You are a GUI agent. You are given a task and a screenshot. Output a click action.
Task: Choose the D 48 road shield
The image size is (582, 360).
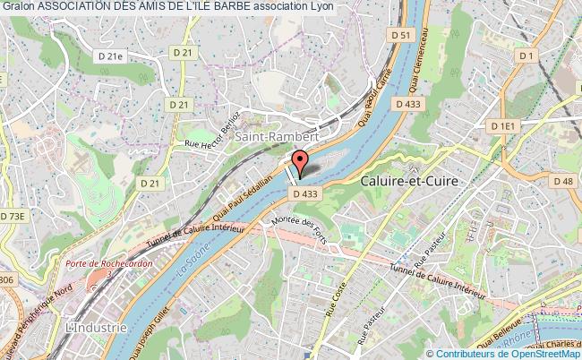click(x=562, y=182)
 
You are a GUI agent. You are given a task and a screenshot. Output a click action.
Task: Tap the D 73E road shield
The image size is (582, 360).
click(x=15, y=216)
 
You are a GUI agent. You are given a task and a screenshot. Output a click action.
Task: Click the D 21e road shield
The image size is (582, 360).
click(x=111, y=56)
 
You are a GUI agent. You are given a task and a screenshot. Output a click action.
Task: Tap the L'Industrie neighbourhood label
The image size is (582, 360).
click(x=97, y=328)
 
